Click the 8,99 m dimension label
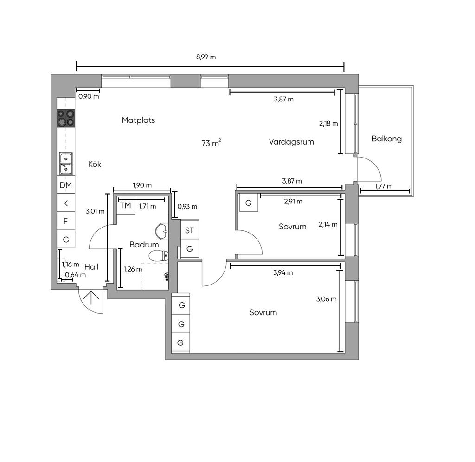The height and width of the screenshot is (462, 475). (x=206, y=57)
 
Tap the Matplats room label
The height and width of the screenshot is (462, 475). (x=138, y=120)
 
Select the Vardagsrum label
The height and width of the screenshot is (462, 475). (x=291, y=142)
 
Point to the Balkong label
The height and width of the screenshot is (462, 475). (x=386, y=139)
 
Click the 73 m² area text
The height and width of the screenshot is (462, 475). (x=211, y=143)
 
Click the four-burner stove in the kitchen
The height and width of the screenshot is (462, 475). (x=66, y=118)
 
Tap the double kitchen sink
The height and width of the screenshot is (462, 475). (x=66, y=164)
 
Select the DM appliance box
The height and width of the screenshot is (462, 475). (x=66, y=185)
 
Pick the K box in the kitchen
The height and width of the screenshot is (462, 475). (x=66, y=203)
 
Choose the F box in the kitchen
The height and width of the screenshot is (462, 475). (x=66, y=221)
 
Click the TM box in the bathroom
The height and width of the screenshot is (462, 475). (x=126, y=205)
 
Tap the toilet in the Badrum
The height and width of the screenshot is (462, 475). (x=159, y=256)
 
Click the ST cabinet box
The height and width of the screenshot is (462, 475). (x=190, y=230)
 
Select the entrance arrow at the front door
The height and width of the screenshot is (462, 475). (x=91, y=297)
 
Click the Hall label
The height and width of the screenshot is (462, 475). (x=91, y=267)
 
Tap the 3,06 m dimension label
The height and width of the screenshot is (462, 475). (x=326, y=299)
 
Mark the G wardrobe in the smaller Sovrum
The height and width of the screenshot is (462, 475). (x=249, y=203)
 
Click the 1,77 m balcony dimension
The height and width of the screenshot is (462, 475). (x=384, y=186)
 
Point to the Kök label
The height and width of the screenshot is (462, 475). (x=95, y=165)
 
